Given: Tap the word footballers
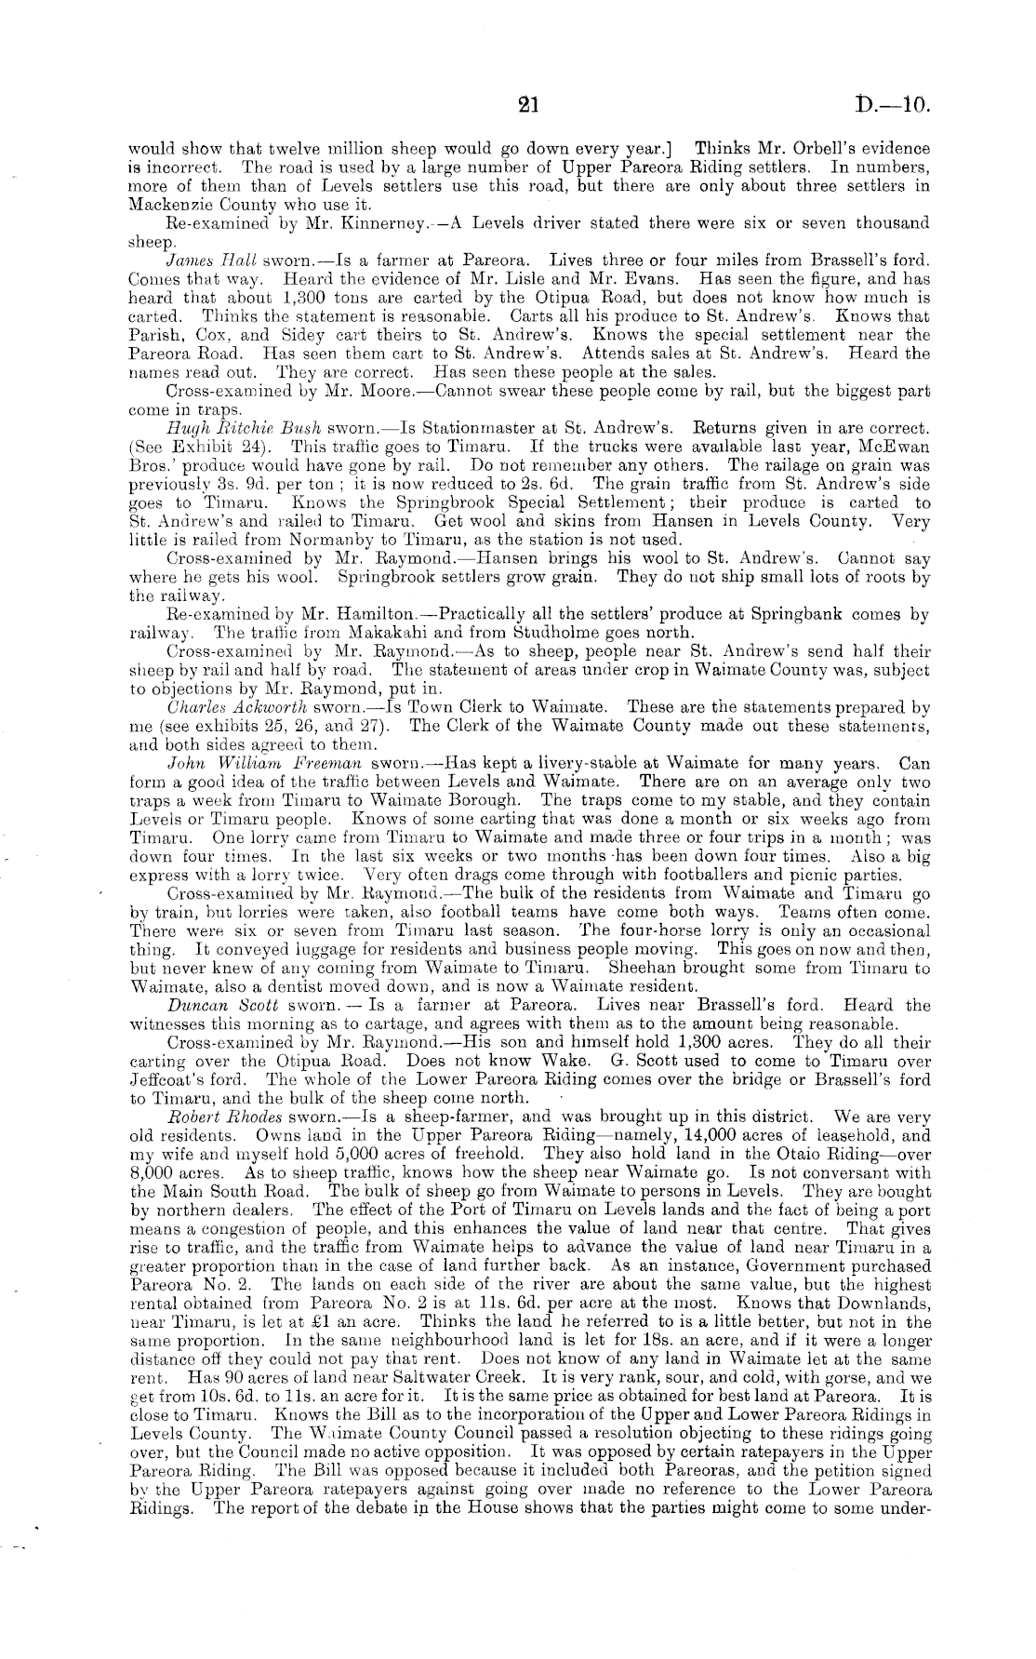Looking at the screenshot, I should coord(690,875).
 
